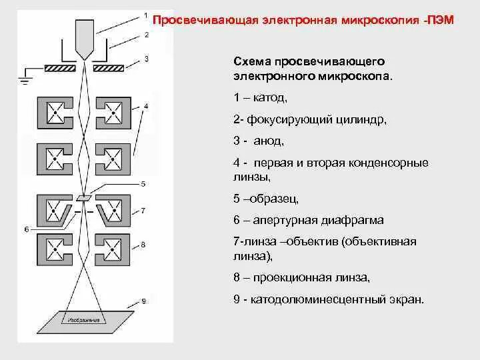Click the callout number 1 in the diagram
tap(145, 13)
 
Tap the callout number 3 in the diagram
tap(145, 59)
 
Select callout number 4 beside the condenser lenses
tap(145, 106)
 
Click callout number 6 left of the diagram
tap(26, 228)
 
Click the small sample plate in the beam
tap(84, 197)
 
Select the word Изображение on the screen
tap(84, 321)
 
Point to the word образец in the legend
tap(276, 199)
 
